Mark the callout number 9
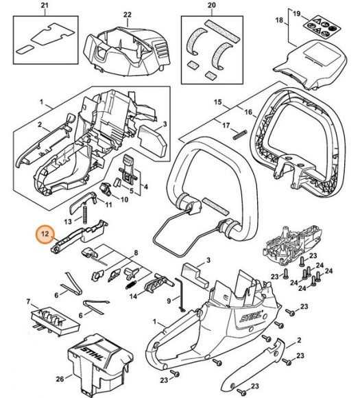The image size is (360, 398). pyautogui.click(x=169, y=300)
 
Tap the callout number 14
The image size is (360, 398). pyautogui.click(x=134, y=296)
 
